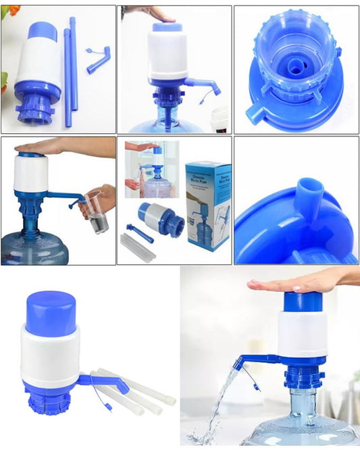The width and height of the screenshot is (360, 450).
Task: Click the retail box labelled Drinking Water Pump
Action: click(x=209, y=203)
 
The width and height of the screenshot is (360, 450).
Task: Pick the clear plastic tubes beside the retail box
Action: click(x=137, y=247)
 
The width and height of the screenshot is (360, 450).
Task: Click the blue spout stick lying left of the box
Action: click(x=139, y=232)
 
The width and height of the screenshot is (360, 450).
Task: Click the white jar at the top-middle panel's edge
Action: click(x=220, y=118)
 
